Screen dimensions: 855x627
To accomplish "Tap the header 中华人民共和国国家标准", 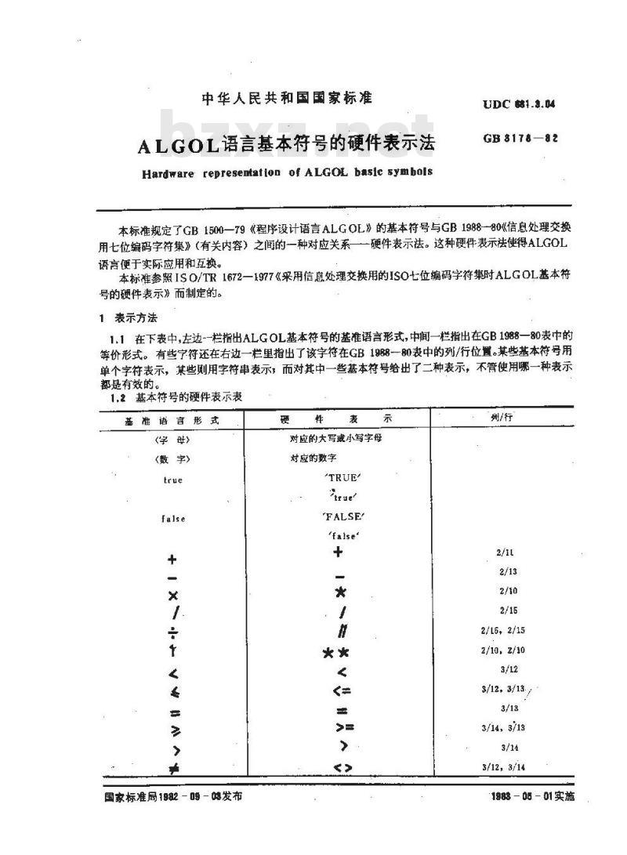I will (x=287, y=99).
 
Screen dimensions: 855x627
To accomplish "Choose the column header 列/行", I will (x=499, y=418).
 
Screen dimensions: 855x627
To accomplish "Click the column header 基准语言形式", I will (x=172, y=420).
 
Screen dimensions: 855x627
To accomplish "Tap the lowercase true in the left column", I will (x=172, y=479).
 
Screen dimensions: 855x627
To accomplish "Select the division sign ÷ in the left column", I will (x=172, y=632).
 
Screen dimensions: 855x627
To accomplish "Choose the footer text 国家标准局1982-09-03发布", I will (x=172, y=795).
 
